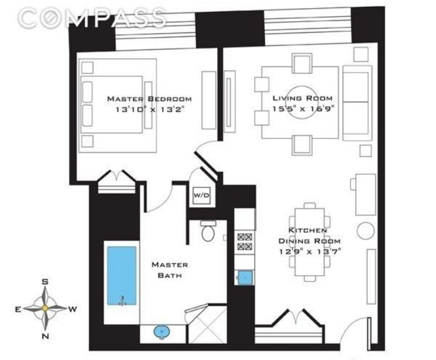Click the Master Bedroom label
[x=149, y=99]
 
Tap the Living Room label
[x=302, y=98]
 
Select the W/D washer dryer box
[x=202, y=196]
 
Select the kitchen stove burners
[x=245, y=241]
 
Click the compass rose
[x=45, y=308]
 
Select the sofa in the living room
[x=356, y=104]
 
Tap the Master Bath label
[x=170, y=269]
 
